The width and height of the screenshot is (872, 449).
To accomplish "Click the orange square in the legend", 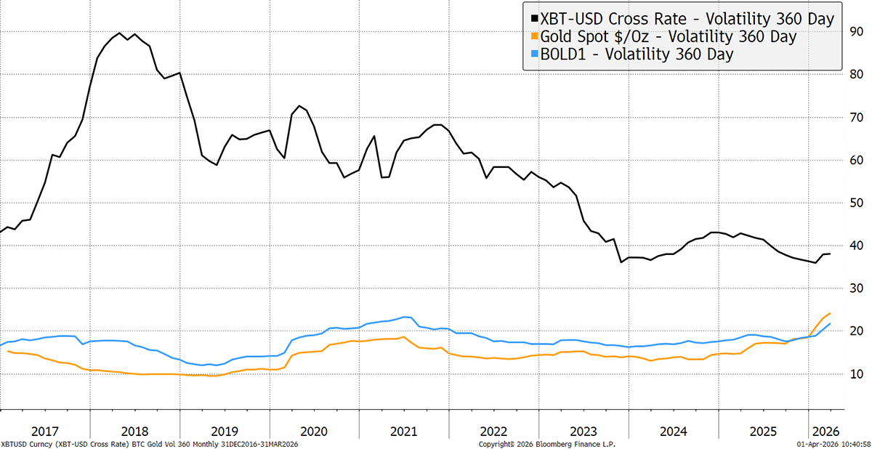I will (x=535, y=36).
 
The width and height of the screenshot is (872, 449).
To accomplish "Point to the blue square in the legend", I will (x=535, y=54).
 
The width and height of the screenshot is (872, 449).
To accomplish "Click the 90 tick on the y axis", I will (x=857, y=32).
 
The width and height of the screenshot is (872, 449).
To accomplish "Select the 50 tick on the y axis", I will (x=857, y=203).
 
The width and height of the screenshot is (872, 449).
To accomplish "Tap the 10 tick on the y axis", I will (x=857, y=374).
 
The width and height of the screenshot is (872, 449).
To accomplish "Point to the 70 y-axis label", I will (x=857, y=117).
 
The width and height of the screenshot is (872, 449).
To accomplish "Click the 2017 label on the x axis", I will (x=45, y=429).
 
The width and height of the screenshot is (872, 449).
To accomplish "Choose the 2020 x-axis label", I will (x=315, y=429).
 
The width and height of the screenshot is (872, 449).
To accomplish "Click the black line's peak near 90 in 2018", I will (x=119, y=33).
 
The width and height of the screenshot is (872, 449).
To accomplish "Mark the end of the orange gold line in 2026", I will (x=830, y=314).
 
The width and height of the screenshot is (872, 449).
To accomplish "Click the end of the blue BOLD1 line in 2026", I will (x=830, y=324).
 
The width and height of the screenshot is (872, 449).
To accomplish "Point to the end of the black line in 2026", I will (x=830, y=254).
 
